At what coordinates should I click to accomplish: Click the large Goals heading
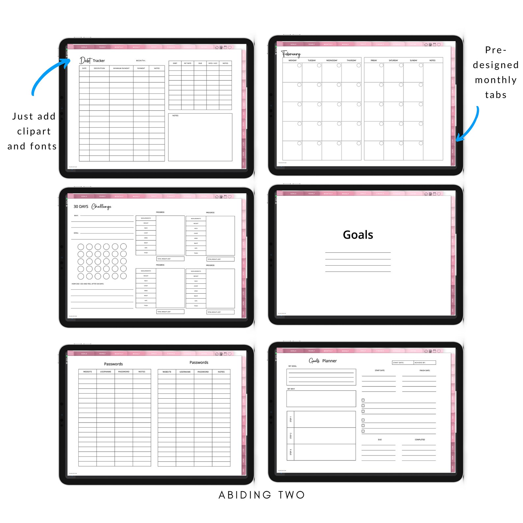coord(358,235)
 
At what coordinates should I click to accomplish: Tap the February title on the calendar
coord(291,54)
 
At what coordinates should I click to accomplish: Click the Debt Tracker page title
coord(92,60)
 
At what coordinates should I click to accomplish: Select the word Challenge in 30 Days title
coord(101,206)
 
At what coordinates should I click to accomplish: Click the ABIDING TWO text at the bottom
coord(262,495)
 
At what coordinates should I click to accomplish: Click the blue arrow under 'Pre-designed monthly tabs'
coord(469,125)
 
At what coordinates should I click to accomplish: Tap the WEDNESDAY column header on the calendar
coord(332,61)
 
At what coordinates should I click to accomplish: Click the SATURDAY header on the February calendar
coord(393,61)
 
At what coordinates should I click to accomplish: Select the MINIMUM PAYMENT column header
coord(121,68)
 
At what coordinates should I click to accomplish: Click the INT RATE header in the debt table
coord(187,63)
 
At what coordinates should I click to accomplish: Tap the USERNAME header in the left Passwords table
coord(106,372)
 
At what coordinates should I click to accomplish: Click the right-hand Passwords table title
coord(199,362)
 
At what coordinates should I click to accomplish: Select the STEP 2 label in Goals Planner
coord(290,436)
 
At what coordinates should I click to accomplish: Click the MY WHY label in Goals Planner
coord(291,389)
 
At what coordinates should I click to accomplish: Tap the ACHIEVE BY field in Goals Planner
coord(424,363)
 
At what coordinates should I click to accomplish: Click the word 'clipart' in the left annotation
coord(34,131)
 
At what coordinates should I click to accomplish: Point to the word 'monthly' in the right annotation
coord(496,80)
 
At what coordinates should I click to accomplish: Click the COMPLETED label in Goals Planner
coord(420,440)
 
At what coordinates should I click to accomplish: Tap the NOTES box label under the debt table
coord(175,116)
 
